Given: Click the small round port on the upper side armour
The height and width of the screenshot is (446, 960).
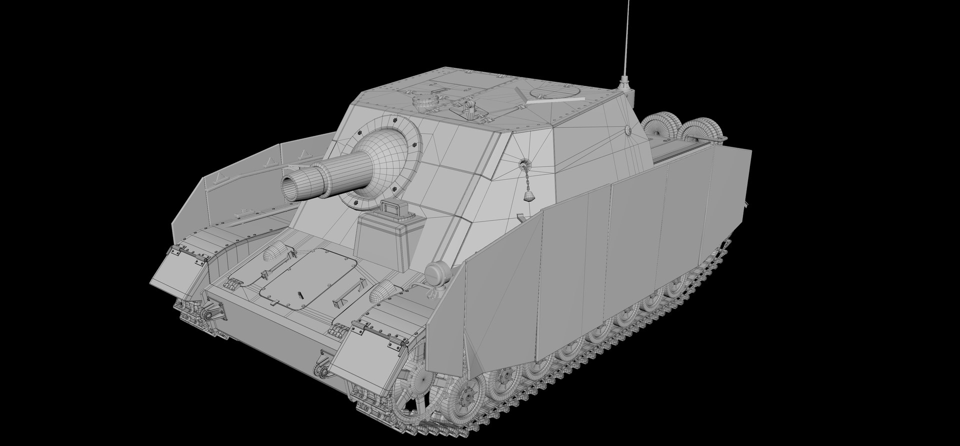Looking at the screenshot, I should pos(628,130).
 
